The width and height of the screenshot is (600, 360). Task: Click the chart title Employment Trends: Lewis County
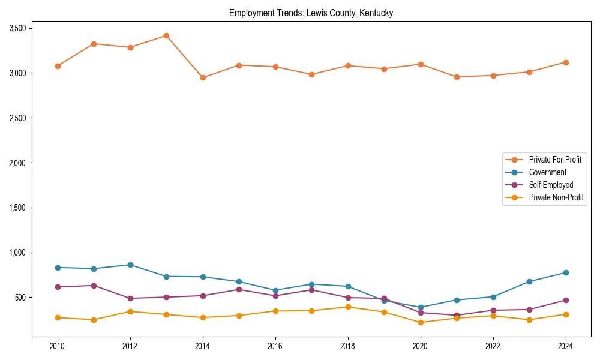(x=311, y=13)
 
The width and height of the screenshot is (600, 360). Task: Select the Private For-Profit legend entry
(x=555, y=160)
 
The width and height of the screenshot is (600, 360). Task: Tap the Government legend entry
(x=547, y=172)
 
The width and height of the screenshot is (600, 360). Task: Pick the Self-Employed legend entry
(x=551, y=185)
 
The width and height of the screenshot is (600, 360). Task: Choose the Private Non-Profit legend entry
(x=556, y=197)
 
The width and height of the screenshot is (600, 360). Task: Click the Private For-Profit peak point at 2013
(x=166, y=36)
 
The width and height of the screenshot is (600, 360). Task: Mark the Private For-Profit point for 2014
(x=203, y=77)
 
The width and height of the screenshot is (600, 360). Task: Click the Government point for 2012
(x=130, y=265)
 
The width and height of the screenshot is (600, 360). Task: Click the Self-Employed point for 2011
(x=94, y=286)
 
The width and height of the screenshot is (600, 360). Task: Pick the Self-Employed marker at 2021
(x=457, y=316)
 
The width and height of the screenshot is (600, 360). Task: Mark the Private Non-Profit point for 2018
(x=348, y=307)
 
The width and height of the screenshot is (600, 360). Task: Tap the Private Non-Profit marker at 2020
(x=421, y=322)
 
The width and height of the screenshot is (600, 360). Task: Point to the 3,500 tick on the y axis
(x=17, y=28)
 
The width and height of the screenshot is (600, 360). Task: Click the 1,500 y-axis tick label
(x=17, y=208)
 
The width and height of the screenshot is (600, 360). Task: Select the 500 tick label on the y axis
(x=20, y=298)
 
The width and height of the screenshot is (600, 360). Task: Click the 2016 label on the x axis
(x=275, y=346)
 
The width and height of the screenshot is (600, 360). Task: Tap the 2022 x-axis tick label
(x=493, y=346)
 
